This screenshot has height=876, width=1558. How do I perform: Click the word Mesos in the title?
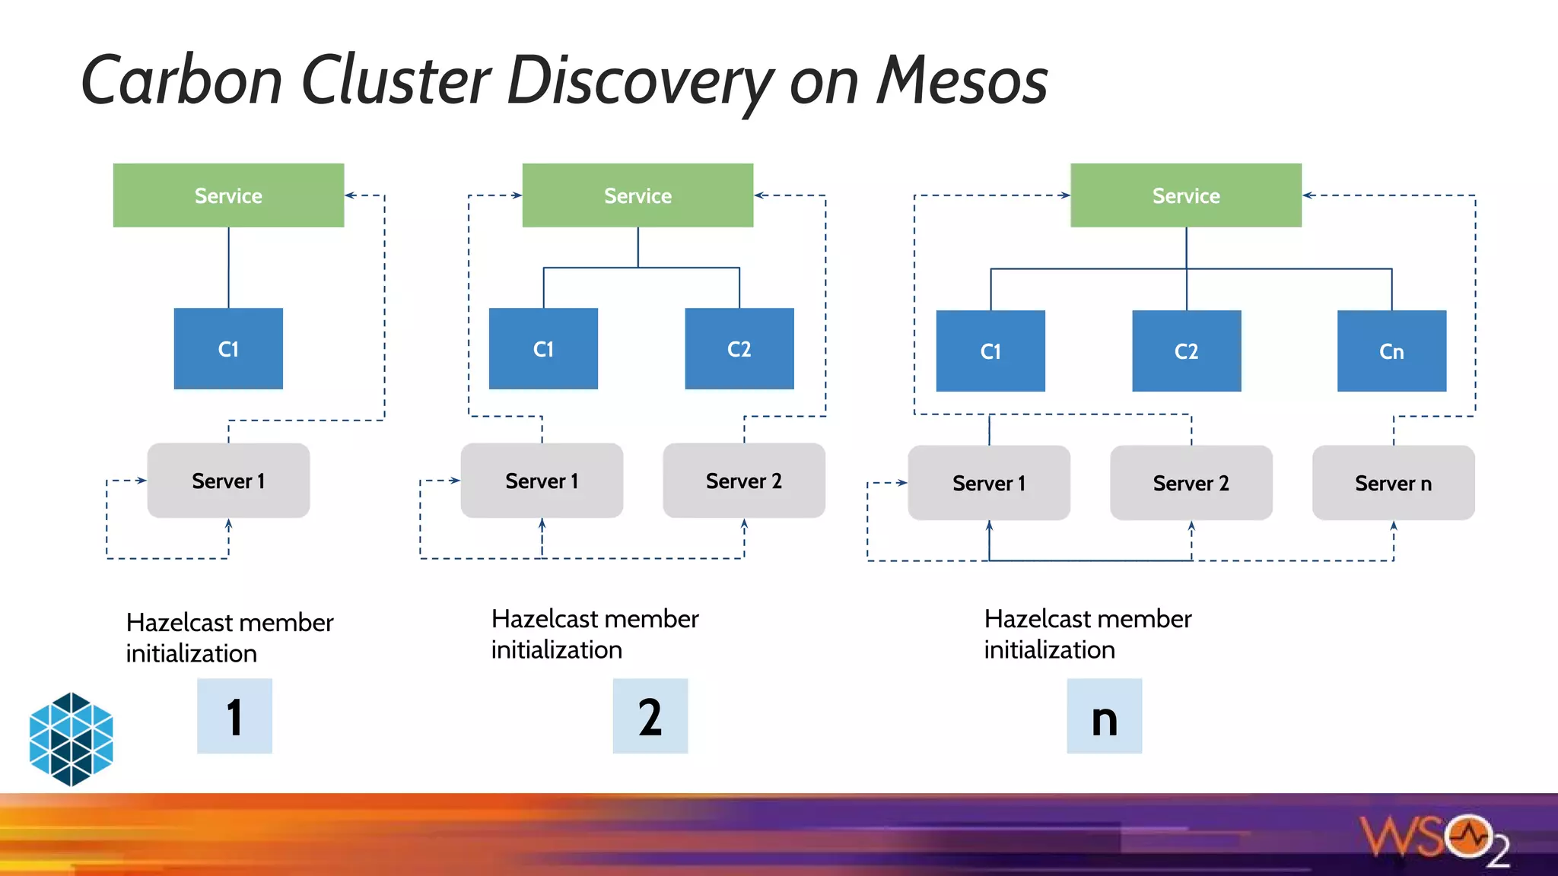962,81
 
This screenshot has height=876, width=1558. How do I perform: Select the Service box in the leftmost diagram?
228,195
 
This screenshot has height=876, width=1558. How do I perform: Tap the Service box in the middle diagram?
638,195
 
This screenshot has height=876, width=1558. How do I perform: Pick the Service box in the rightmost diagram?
1185,195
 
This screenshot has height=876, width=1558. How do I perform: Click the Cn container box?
1391,351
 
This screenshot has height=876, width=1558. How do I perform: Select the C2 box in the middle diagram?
739,349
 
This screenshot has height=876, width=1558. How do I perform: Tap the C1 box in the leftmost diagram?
228,349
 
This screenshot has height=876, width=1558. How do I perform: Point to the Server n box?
1393,483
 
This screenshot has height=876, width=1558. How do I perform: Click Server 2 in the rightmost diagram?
1191,483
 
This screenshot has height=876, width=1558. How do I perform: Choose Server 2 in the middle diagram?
743,481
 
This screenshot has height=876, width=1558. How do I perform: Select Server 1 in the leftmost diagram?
228,481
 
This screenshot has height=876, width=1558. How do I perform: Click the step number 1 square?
234,716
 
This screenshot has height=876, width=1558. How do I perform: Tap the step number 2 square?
650,716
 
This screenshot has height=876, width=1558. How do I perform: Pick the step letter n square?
1104,716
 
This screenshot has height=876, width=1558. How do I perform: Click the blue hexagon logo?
71,739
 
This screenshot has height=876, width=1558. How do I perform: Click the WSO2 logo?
1434,839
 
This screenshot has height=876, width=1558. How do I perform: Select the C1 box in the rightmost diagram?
990,351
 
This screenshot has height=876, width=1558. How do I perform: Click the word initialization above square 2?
556,650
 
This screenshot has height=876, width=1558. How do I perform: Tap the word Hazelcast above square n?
1037,619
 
